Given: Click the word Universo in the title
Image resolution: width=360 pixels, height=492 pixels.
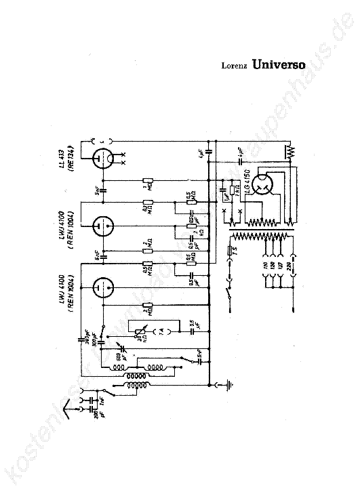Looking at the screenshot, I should pyautogui.click(x=278, y=66).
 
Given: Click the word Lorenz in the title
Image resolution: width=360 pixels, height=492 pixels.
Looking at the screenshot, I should pyautogui.click(x=234, y=67).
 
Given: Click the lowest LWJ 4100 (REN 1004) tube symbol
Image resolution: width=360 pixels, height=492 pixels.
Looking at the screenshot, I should pyautogui.click(x=102, y=287).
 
